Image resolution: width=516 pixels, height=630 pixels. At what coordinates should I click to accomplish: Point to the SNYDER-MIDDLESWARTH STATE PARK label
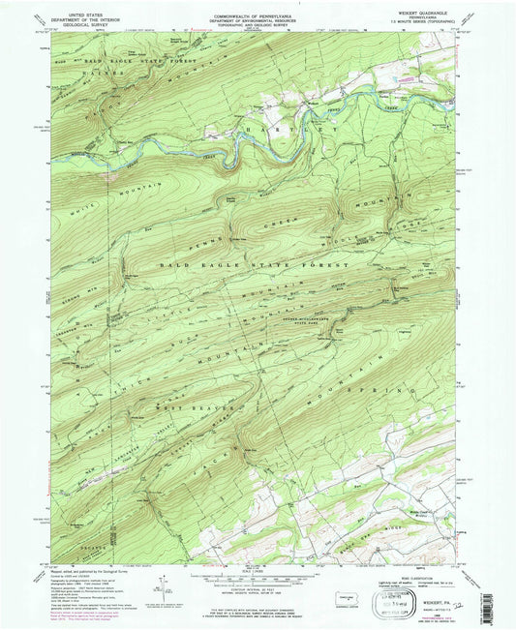coord(368,315)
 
